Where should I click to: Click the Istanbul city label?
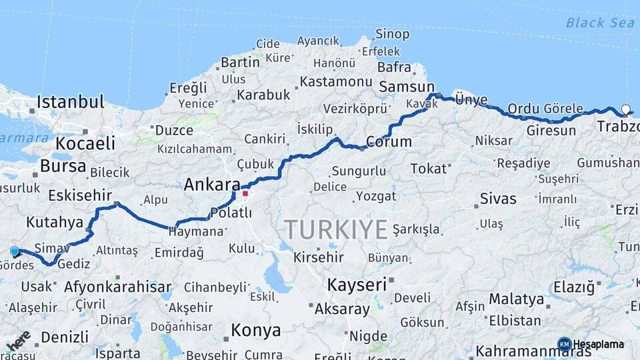[x=70, y=102]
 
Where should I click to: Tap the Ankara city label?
[x=212, y=184]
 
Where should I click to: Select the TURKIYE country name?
[x=336, y=229]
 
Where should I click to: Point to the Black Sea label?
[x=595, y=23]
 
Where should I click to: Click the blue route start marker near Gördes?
[x=15, y=251]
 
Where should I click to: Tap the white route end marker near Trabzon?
[x=625, y=109]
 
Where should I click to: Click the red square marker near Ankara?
[x=245, y=194]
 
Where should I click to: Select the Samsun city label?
[x=407, y=87]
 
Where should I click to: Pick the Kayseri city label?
[x=357, y=285]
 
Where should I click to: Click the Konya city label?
[x=255, y=329]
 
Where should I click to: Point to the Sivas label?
[x=498, y=199]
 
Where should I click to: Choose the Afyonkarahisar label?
[x=118, y=287]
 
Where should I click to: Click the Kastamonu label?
[x=336, y=81]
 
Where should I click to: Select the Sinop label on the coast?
[x=392, y=34]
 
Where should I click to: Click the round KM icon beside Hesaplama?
[x=565, y=344]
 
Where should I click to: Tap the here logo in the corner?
[x=18, y=341]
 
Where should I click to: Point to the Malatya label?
[x=516, y=299]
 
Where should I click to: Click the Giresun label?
[x=551, y=131]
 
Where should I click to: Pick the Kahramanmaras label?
[x=533, y=351]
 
